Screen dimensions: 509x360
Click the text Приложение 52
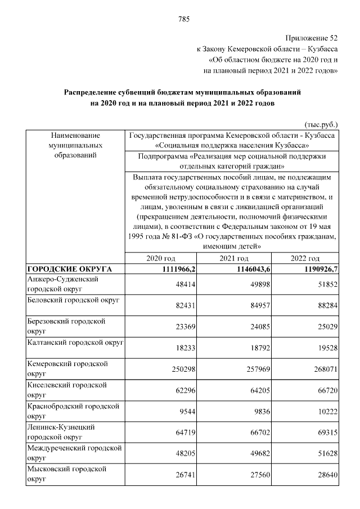click(x=311, y=38)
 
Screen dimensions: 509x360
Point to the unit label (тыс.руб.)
click(x=321, y=123)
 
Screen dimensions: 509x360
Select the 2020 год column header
click(x=161, y=258)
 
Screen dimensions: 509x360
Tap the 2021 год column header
click(x=233, y=258)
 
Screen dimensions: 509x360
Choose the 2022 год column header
click(x=305, y=258)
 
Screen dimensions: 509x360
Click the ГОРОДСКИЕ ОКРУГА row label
click(x=70, y=269)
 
